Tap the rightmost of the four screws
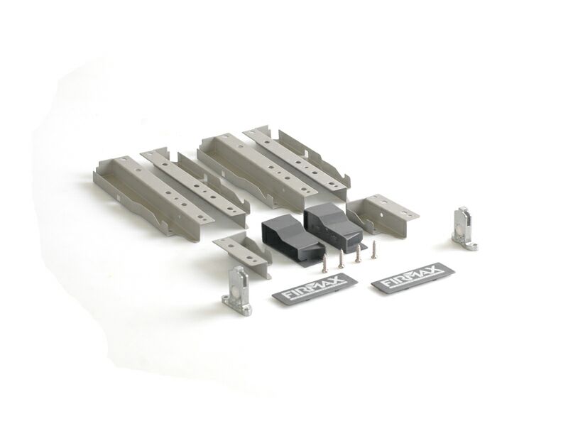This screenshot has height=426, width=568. pos(374,250)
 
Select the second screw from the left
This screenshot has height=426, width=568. pos(341,259)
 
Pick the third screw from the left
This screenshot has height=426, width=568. pos(358,253)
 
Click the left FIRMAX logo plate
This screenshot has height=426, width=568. pos(315,287)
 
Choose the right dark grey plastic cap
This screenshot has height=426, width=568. pos(332,225)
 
